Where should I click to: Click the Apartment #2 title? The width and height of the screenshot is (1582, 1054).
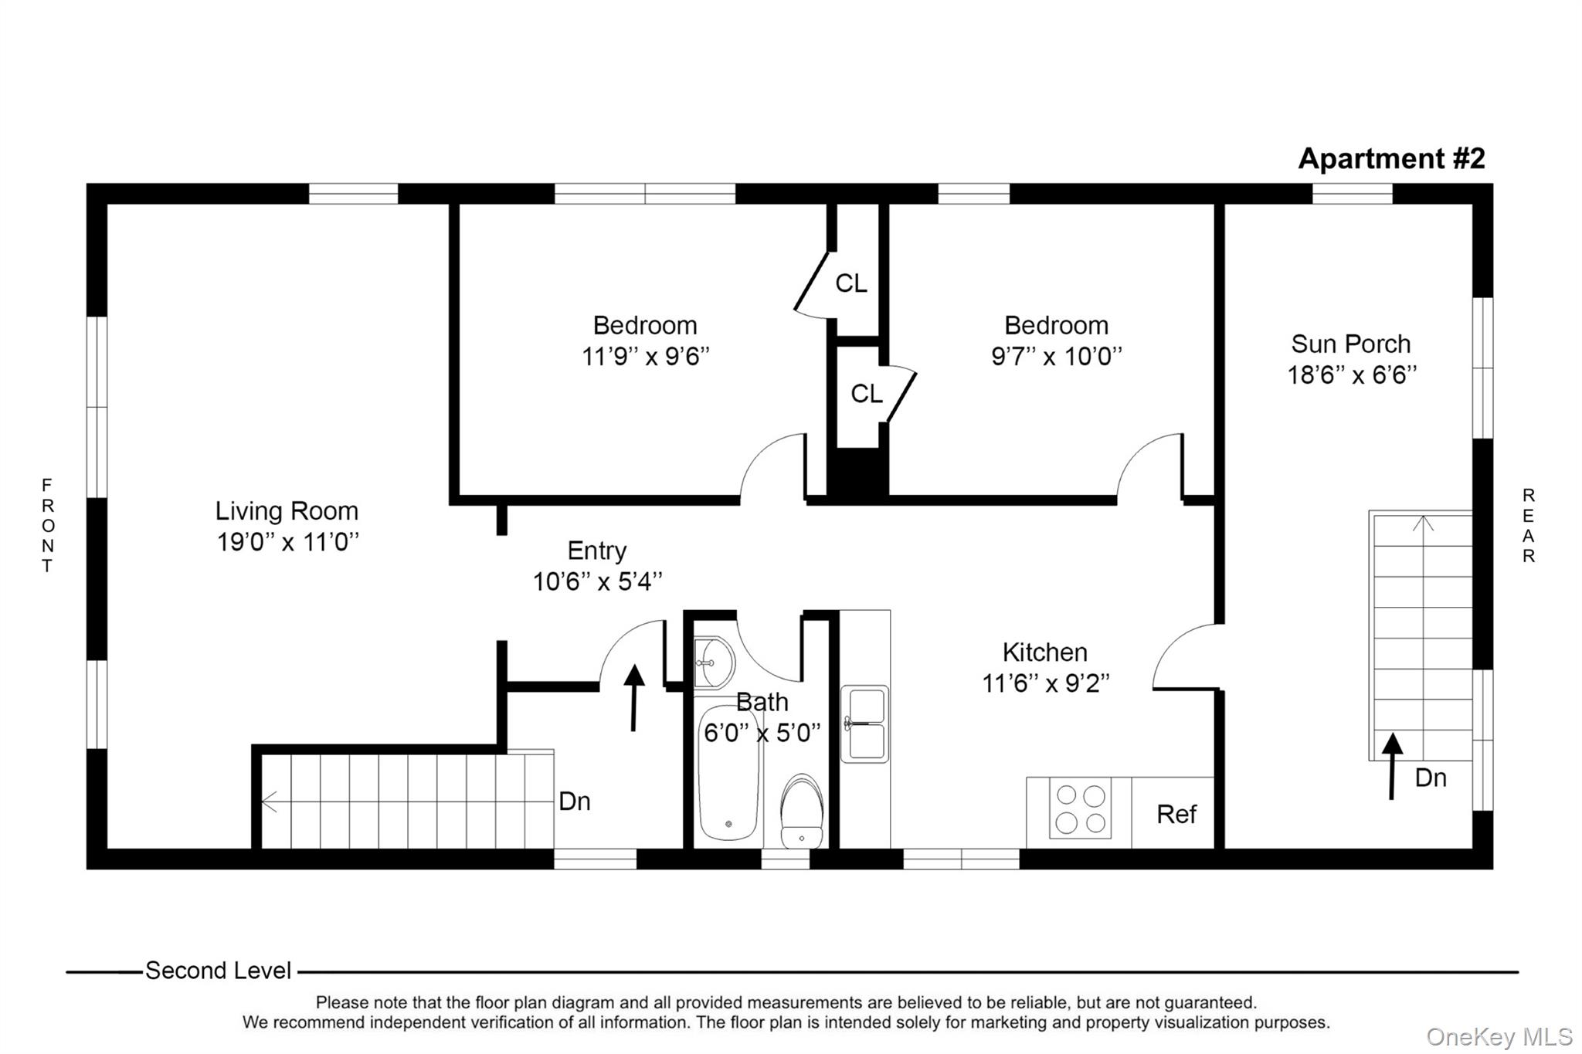click(x=1390, y=158)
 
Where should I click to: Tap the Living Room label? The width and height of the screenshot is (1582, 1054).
click(x=286, y=511)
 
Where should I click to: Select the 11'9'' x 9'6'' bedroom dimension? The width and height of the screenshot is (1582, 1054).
click(x=645, y=357)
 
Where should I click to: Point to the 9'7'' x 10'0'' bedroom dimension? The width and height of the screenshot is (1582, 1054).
click(x=1056, y=357)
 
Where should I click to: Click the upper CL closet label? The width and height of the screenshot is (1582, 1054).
click(x=850, y=283)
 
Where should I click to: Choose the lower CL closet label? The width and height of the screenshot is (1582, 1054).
click(x=866, y=394)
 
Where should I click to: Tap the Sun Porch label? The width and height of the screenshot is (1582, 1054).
click(x=1350, y=344)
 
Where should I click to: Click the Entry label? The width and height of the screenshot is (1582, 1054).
click(x=596, y=551)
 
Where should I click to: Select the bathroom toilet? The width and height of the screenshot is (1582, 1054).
click(x=802, y=812)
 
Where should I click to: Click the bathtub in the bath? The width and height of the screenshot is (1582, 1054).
click(x=728, y=772)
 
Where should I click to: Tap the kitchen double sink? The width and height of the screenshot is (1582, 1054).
click(x=865, y=724)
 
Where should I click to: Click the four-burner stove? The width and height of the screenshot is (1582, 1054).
click(x=1080, y=808)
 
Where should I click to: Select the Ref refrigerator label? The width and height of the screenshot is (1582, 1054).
click(x=1176, y=814)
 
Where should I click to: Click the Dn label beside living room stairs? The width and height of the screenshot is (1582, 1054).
click(x=574, y=802)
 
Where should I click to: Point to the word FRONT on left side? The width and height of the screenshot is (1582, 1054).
click(x=47, y=525)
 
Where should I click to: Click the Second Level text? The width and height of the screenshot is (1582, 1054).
click(x=218, y=971)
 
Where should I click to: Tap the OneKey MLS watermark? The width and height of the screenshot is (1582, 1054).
click(x=1499, y=1037)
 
